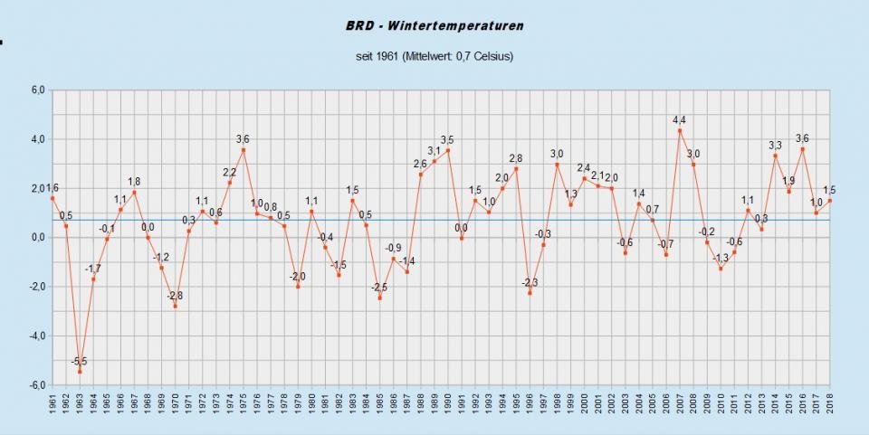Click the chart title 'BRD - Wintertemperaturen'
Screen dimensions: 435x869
pos(434,26)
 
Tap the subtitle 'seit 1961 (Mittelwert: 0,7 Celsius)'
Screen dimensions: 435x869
pos(434,56)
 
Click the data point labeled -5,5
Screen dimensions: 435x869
pos(80,372)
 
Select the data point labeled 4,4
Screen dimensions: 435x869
pos(680,130)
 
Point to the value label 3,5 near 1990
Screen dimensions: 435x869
pos(447,140)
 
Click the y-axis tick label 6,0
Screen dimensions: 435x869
pos(37,90)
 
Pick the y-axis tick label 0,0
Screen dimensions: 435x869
pos(37,238)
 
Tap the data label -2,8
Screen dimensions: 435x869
pos(175,296)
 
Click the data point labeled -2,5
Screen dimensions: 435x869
pos(379,298)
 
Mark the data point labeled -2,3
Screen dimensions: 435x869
pos(530,293)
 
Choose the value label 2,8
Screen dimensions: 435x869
pos(516,158)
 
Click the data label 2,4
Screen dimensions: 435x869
pos(584,168)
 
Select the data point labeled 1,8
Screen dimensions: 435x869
pos(134,193)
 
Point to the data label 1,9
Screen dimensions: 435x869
pos(788,181)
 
